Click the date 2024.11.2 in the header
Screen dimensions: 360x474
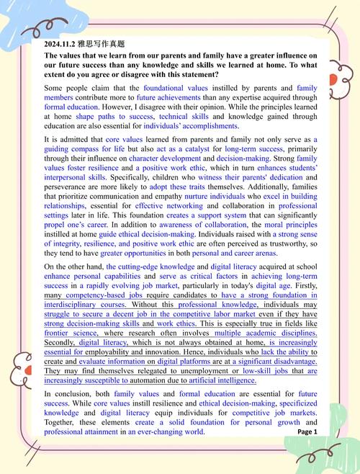click(x=60, y=43)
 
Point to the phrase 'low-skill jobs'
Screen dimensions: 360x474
click(x=251, y=371)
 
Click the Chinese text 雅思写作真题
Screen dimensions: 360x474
click(x=99, y=43)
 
